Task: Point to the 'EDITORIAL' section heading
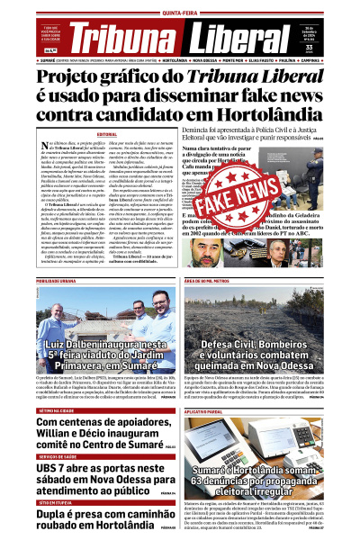(107, 133)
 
